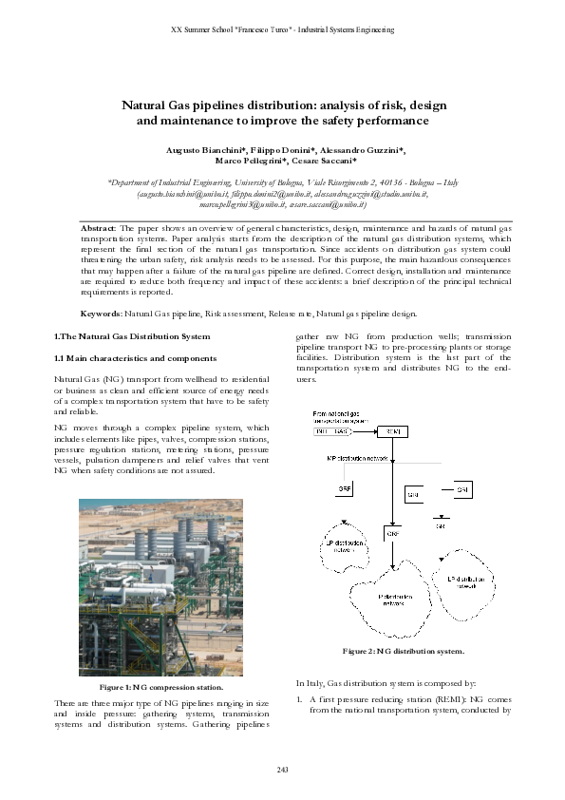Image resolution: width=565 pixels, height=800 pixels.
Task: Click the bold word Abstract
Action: (x=98, y=229)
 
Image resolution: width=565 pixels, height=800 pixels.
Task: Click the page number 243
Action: (x=282, y=767)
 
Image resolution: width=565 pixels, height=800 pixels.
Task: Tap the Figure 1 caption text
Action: (x=160, y=686)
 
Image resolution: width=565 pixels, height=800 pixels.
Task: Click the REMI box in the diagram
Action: (x=393, y=432)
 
